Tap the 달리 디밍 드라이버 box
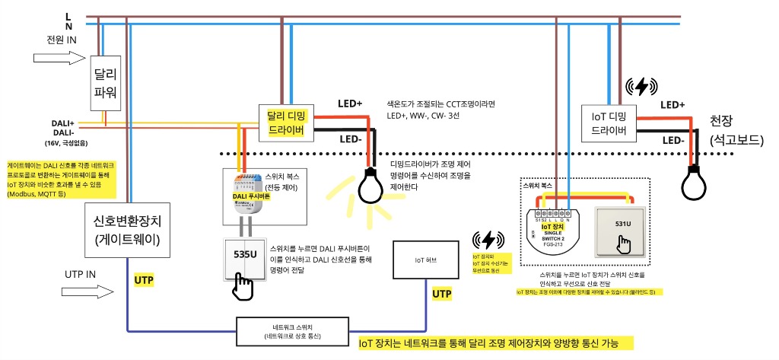pos(286,122)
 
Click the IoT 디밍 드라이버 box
pos(608,123)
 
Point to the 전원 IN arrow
pos(58,57)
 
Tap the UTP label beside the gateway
pos(144,282)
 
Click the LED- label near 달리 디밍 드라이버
pos(351,139)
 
